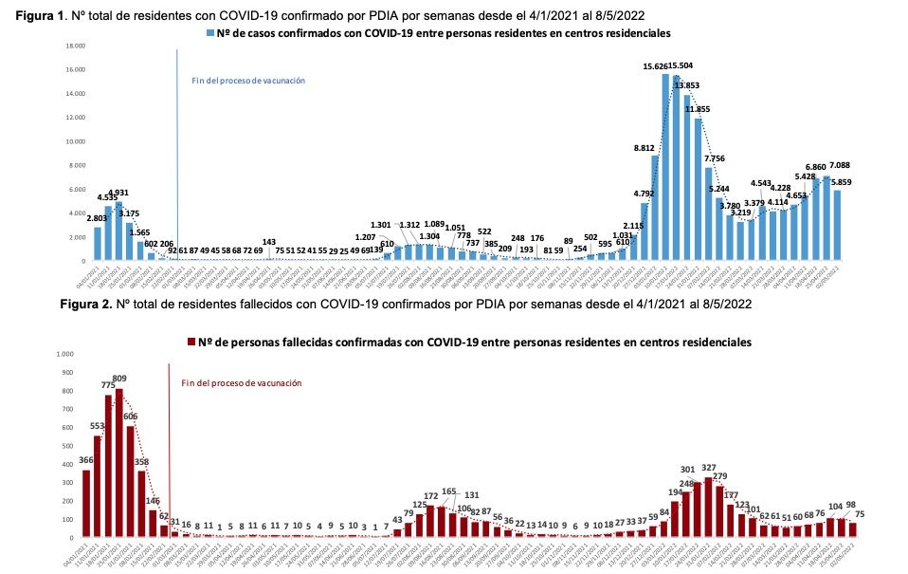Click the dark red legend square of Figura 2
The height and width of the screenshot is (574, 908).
191,341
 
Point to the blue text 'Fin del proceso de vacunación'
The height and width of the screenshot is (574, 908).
248,81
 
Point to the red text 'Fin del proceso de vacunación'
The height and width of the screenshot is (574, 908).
241,383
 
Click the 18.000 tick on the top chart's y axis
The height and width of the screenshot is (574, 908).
76,46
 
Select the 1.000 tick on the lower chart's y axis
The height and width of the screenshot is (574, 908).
64,354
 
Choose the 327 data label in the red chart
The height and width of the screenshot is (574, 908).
709,468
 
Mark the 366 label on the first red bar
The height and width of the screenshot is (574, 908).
85,460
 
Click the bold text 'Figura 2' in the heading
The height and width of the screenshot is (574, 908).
90,306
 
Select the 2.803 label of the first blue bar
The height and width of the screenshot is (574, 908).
97,218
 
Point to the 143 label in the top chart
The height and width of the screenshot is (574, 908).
270,242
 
